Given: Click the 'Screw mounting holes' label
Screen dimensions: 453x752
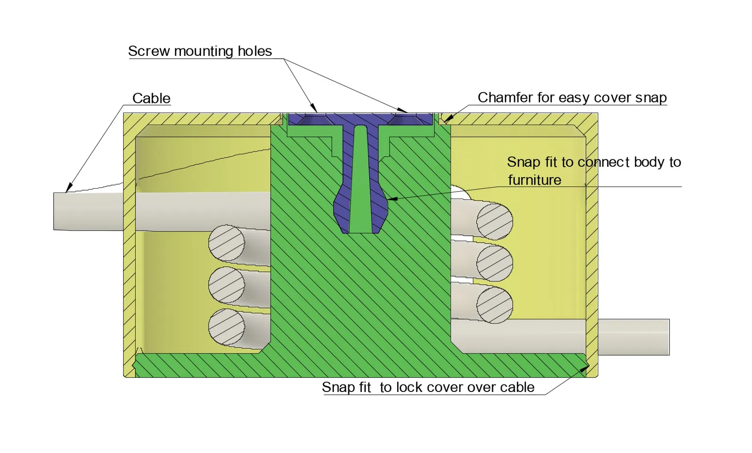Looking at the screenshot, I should pyautogui.click(x=200, y=51).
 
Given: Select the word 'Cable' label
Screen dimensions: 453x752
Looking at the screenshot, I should pyautogui.click(x=151, y=98).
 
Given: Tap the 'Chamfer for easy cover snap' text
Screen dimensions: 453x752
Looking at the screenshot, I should pyautogui.click(x=572, y=97).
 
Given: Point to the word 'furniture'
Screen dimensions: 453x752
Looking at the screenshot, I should pyautogui.click(x=534, y=180).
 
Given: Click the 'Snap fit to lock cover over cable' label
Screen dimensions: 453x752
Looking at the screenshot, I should pyautogui.click(x=428, y=387).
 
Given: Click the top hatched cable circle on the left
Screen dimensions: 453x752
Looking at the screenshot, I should pyautogui.click(x=227, y=243).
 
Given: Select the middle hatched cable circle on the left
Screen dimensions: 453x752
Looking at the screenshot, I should pyautogui.click(x=227, y=284).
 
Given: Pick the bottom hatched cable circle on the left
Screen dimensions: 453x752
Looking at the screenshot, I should pyautogui.click(x=227, y=326).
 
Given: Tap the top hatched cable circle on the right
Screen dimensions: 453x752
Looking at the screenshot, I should pyautogui.click(x=494, y=221).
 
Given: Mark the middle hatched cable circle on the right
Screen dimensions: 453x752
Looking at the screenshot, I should pyautogui.click(x=494, y=263).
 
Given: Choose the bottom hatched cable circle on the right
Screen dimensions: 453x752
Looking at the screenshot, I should pyautogui.click(x=494, y=305).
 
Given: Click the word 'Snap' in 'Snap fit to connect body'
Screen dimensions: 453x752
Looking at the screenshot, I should pyautogui.click(x=524, y=162).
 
